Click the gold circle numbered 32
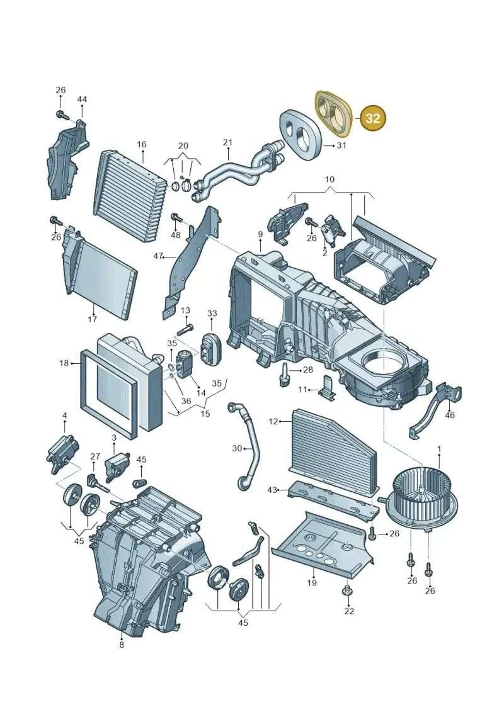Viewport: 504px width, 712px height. coord(373,118)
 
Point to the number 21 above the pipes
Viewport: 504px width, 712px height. coord(227,142)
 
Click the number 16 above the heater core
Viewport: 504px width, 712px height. coord(142,144)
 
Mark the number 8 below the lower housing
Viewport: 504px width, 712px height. coord(122,645)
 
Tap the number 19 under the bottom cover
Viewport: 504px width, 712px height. coord(312,582)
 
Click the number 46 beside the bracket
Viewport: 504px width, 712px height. coord(449,415)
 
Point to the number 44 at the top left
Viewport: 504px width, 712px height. coord(82,99)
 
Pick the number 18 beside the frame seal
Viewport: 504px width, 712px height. coord(64,363)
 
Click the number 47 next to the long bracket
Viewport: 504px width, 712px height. coord(158,257)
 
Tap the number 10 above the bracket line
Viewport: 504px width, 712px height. coord(329,179)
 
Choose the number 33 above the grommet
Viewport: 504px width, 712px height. coord(212,314)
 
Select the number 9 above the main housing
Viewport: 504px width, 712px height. coord(260,234)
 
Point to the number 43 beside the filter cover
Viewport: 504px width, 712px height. coord(272,490)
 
